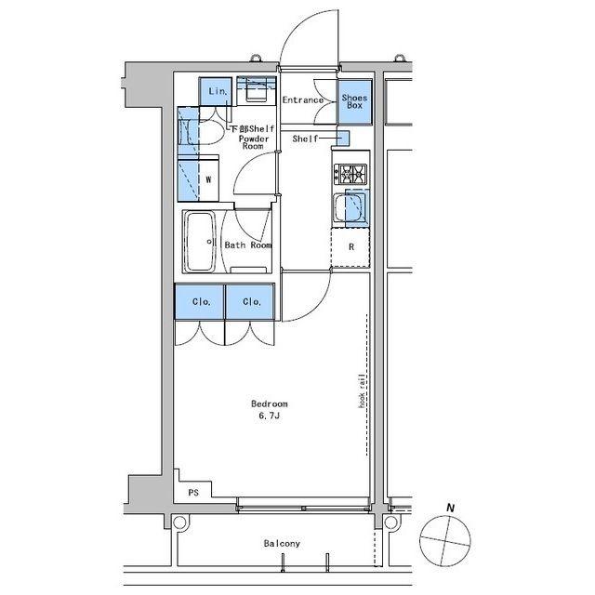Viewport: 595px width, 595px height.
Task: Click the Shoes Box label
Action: pos(354,101)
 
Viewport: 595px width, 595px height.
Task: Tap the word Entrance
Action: pos(303,100)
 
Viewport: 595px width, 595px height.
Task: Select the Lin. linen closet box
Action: pos(215,91)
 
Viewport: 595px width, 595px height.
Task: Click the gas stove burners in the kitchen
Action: pos(350,174)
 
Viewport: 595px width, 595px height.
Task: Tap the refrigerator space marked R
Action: pos(350,247)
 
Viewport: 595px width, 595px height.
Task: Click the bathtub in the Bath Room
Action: pos(200,242)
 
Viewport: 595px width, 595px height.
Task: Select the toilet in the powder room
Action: pos(206,132)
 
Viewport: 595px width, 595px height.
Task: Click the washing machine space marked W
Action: pos(208,180)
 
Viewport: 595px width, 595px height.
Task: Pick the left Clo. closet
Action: pos(200,301)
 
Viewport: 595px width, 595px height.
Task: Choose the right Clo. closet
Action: pos(250,301)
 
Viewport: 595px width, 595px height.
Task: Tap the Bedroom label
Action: pos(269,403)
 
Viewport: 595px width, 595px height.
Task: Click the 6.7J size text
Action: pos(269,416)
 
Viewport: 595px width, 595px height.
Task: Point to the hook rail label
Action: pos(362,390)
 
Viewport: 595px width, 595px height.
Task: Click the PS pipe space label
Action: pos(193,493)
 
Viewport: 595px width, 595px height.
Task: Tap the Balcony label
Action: pos(282,543)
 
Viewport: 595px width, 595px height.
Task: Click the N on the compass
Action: pos(450,508)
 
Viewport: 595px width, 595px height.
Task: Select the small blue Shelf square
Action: pos(343,138)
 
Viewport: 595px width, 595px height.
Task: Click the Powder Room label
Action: pos(254,142)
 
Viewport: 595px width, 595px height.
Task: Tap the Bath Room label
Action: pos(248,245)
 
